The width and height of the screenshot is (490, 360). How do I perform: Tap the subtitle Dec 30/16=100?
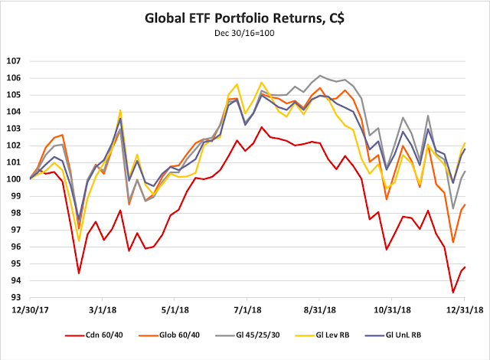(244, 35)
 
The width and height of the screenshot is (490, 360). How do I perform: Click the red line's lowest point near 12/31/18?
(453, 293)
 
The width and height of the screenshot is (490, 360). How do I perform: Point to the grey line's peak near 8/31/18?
(319, 76)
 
